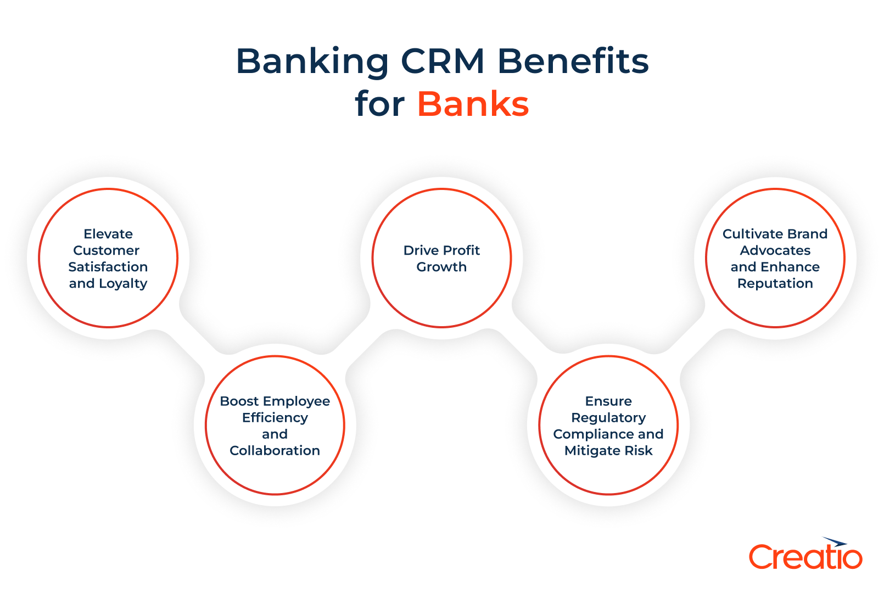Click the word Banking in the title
pyautogui.click(x=312, y=61)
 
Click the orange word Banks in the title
pyautogui.click(x=473, y=104)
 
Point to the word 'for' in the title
pyautogui.click(x=379, y=104)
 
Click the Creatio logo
pyautogui.click(x=805, y=557)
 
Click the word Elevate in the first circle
pyautogui.click(x=108, y=234)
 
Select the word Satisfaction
pyautogui.click(x=108, y=267)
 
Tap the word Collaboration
pyautogui.click(x=275, y=451)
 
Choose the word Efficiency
pyautogui.click(x=275, y=418)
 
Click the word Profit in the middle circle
pyautogui.click(x=461, y=250)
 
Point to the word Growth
pyautogui.click(x=441, y=267)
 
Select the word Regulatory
pyautogui.click(x=608, y=418)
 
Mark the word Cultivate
pyautogui.click(x=747, y=234)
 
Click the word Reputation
pyautogui.click(x=775, y=284)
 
